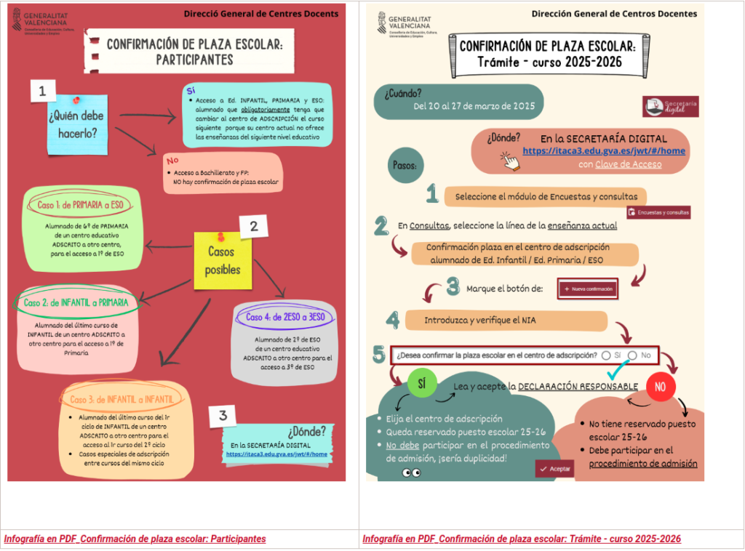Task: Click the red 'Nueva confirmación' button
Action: point(588,289)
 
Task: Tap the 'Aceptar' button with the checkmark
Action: point(554,470)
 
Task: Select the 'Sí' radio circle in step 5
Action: point(606,355)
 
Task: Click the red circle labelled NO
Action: point(660,387)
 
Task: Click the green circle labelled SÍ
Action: point(422,384)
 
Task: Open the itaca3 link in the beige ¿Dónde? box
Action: point(604,151)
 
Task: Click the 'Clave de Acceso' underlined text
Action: point(628,164)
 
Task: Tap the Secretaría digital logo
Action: point(670,106)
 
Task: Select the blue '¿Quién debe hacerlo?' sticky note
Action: point(76,122)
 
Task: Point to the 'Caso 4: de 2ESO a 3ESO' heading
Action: point(281,317)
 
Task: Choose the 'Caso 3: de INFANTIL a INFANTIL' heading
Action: point(121,399)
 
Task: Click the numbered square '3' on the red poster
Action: point(223,416)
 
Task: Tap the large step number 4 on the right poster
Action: point(393,320)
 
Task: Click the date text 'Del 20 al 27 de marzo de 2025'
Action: point(474,106)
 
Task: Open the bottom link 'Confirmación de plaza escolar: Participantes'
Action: point(135,539)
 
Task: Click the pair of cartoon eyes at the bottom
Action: point(411,473)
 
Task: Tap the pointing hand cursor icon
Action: point(512,161)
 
